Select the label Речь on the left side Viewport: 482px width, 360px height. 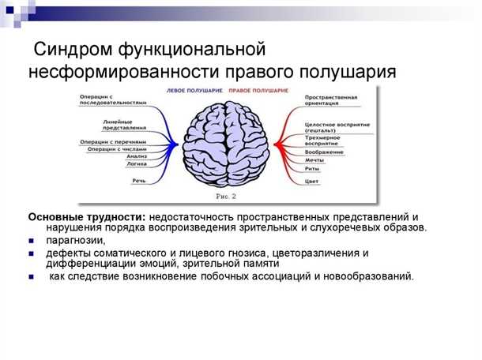(x=139, y=181)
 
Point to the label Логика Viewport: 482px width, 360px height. (x=137, y=164)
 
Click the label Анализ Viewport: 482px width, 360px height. (x=137, y=156)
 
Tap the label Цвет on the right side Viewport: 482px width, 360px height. (x=311, y=182)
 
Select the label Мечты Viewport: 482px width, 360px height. (x=314, y=159)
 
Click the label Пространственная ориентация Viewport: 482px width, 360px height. (x=331, y=100)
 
